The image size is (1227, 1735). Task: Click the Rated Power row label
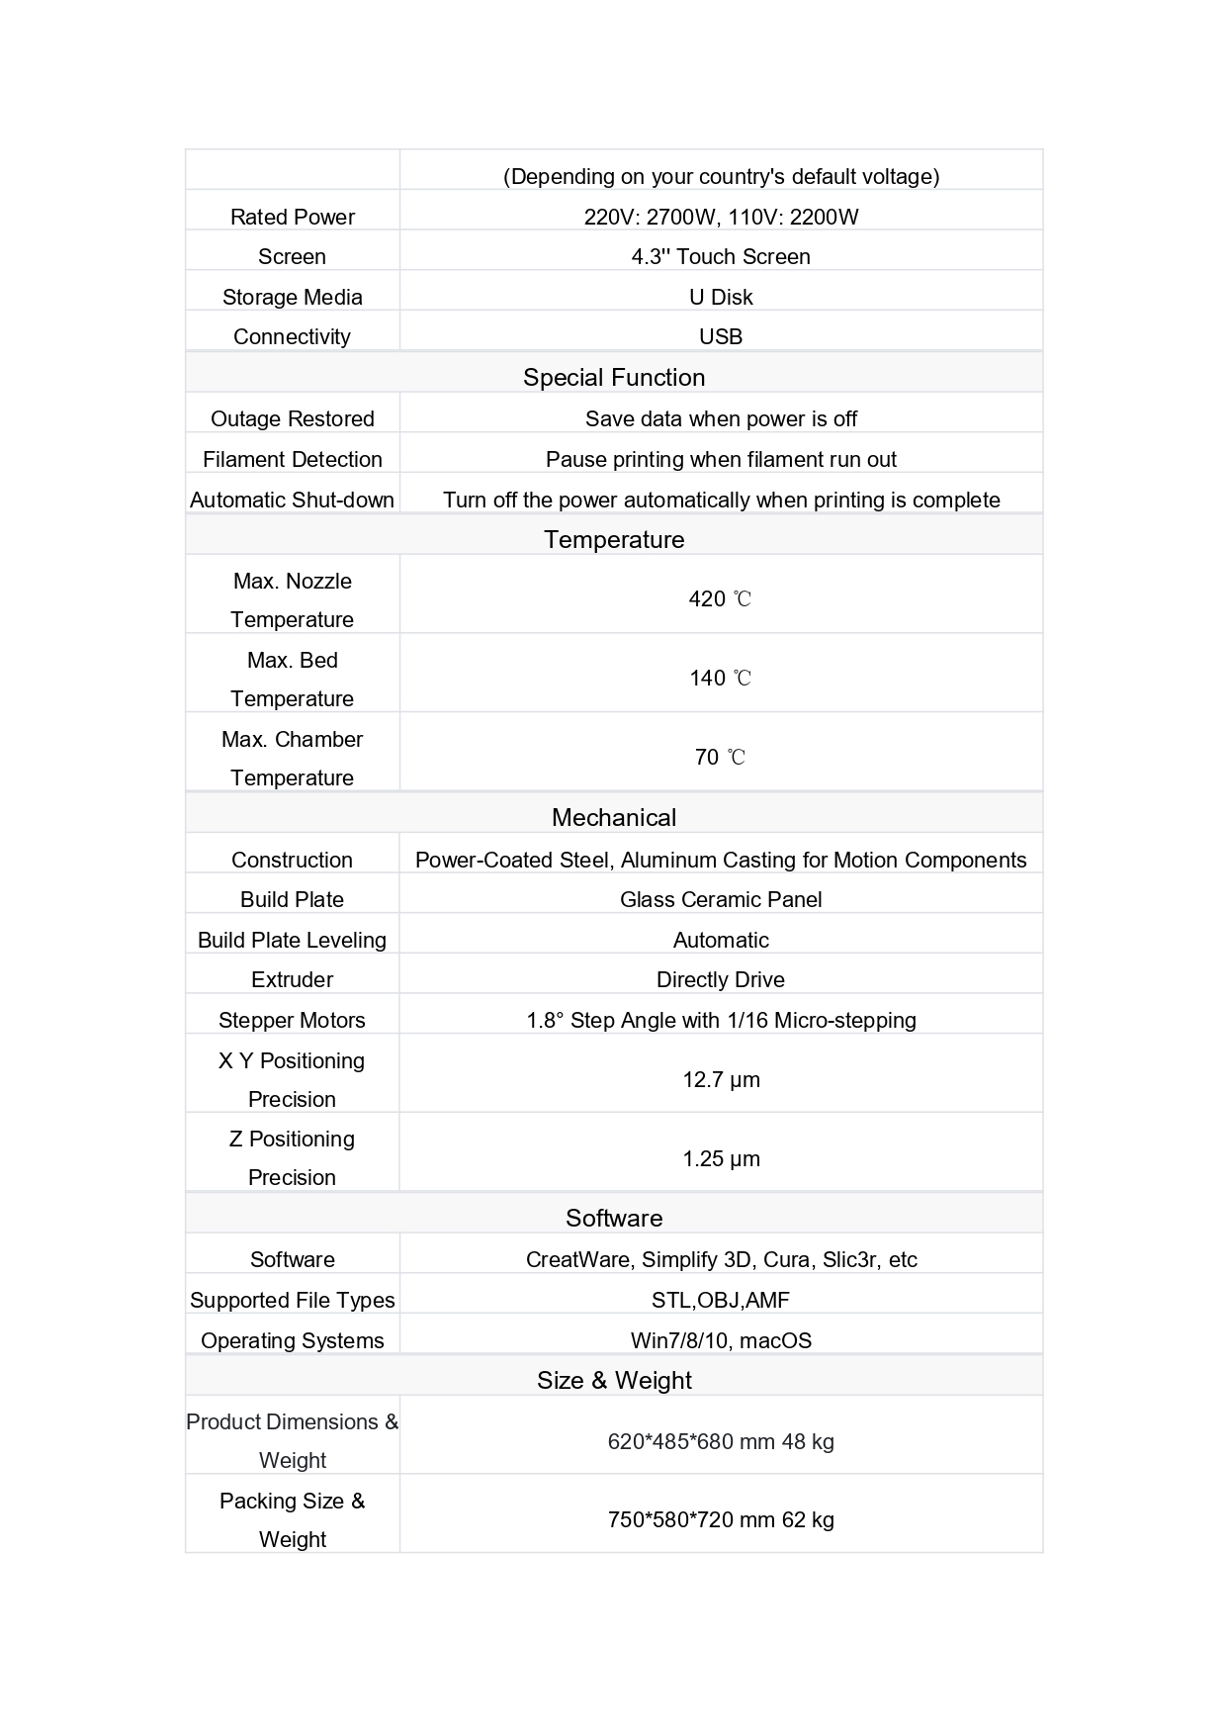pyautogui.click(x=292, y=217)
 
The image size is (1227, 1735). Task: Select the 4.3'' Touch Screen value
pyautogui.click(x=721, y=256)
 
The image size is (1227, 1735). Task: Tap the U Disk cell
pyautogui.click(x=721, y=297)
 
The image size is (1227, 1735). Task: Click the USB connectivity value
pyautogui.click(x=721, y=336)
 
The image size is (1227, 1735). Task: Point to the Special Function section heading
pyautogui.click(x=614, y=377)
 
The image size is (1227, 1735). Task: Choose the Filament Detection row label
pyautogui.click(x=292, y=459)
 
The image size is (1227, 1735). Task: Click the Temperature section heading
pyautogui.click(x=614, y=539)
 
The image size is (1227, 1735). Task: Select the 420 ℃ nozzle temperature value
pyautogui.click(x=721, y=598)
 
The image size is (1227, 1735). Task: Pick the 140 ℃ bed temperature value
pyautogui.click(x=721, y=678)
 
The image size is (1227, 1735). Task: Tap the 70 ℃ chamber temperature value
pyautogui.click(x=721, y=757)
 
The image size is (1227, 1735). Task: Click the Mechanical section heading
pyautogui.click(x=614, y=817)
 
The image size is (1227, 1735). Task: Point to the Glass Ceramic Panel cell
pyautogui.click(x=721, y=899)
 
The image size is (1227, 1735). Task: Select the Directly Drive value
pyautogui.click(x=721, y=979)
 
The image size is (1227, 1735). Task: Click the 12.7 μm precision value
pyautogui.click(x=721, y=1079)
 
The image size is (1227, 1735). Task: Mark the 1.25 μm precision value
pyautogui.click(x=721, y=1158)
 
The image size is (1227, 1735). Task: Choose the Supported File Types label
pyautogui.click(x=292, y=1300)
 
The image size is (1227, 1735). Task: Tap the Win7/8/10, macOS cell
pyautogui.click(x=721, y=1340)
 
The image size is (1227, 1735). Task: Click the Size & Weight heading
pyautogui.click(x=614, y=1380)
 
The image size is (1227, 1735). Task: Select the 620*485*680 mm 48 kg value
pyautogui.click(x=721, y=1441)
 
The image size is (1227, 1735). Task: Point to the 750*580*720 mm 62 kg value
pyautogui.click(x=721, y=1519)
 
